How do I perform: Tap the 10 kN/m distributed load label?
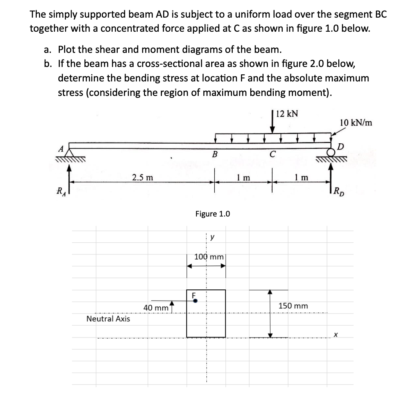pos(356,123)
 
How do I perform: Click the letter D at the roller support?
pos(341,147)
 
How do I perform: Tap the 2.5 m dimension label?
pos(142,177)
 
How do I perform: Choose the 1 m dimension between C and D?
pos(302,177)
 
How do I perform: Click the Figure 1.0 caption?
pos(212,214)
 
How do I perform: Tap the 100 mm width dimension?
pos(208,257)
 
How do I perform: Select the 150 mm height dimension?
pos(293,305)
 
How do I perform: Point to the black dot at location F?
pos(194,301)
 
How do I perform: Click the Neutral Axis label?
pos(108,319)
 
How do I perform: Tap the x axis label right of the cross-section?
pos(335,334)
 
